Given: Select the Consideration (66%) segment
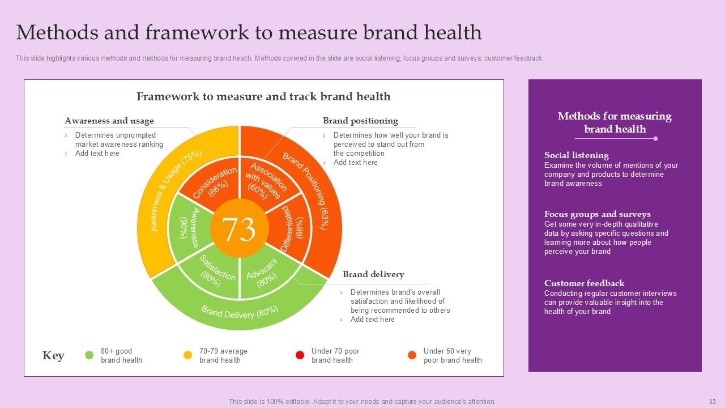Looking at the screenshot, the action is (x=214, y=182).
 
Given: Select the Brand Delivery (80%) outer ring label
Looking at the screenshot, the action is (x=240, y=312).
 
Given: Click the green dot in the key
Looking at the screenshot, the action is (x=89, y=355).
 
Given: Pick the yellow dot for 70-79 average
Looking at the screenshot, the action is (x=187, y=355).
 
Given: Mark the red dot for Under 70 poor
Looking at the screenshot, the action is (x=300, y=355).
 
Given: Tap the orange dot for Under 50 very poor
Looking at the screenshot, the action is (x=412, y=355).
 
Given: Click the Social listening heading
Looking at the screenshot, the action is (x=576, y=155).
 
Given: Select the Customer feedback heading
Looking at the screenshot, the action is (x=584, y=283).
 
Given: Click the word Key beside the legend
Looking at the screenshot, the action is (x=53, y=356).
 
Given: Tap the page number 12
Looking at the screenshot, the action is (x=713, y=401).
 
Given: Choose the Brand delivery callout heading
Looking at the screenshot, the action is (x=373, y=274).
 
